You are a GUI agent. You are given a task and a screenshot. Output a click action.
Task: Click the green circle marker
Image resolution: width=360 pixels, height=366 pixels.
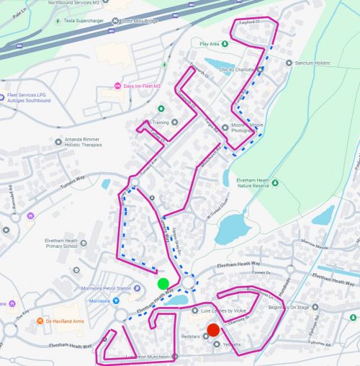click(163, 284)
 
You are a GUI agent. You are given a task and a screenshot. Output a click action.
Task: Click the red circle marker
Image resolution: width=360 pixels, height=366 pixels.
click(213, 330)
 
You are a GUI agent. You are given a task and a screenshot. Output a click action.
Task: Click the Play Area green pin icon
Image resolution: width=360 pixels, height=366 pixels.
click(225, 44)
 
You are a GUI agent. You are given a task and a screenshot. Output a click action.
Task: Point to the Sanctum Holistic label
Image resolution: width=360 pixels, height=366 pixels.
click(312, 63)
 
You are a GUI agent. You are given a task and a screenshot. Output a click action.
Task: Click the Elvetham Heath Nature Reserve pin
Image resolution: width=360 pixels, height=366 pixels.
click(275, 183)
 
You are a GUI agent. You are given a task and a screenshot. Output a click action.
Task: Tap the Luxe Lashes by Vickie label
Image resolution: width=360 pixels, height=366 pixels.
click(223, 311)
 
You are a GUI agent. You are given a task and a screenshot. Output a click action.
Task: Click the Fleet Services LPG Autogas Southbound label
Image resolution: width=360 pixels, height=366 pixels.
click(29, 97)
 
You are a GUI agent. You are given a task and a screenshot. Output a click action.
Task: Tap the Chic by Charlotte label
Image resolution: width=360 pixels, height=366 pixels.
click(234, 70)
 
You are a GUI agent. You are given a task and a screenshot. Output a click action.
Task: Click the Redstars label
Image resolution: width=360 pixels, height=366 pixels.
click(191, 336)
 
